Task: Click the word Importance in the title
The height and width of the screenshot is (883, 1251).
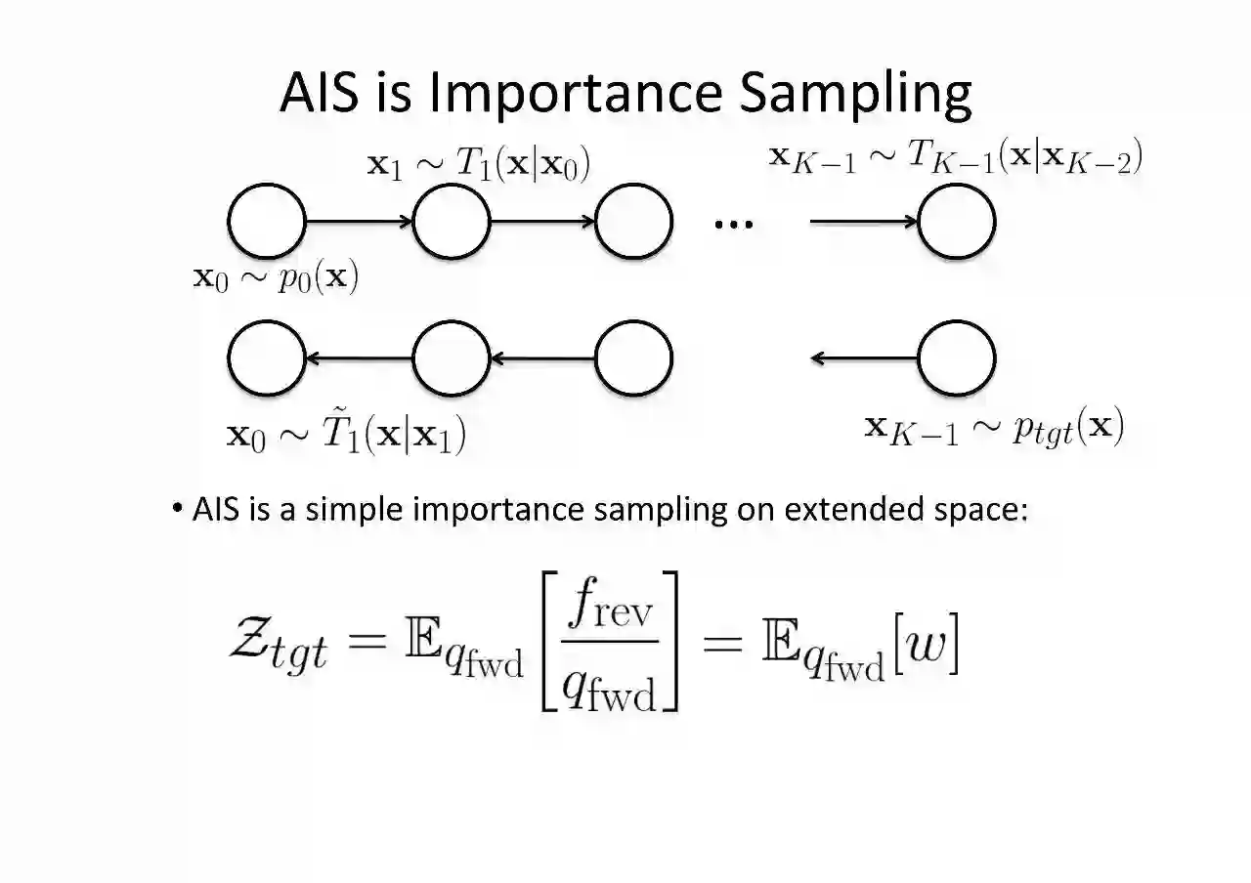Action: click(x=576, y=93)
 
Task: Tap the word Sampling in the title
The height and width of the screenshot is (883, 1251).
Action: click(x=855, y=95)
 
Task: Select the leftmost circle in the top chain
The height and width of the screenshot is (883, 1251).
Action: click(x=267, y=222)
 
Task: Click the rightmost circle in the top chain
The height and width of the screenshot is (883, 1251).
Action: click(x=957, y=222)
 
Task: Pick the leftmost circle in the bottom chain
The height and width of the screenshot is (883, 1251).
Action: click(x=267, y=358)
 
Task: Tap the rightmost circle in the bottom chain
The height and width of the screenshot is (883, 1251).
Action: click(x=957, y=358)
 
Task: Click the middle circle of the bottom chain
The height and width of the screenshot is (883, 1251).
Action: click(x=452, y=358)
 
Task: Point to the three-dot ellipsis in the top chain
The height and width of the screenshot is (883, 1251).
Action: click(x=734, y=224)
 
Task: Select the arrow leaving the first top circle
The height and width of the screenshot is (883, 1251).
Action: click(x=359, y=223)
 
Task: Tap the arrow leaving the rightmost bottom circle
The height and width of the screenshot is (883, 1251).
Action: click(x=864, y=358)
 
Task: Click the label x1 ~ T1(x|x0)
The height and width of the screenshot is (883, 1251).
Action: click(x=478, y=165)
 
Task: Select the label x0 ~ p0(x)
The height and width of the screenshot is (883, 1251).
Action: click(x=277, y=278)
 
